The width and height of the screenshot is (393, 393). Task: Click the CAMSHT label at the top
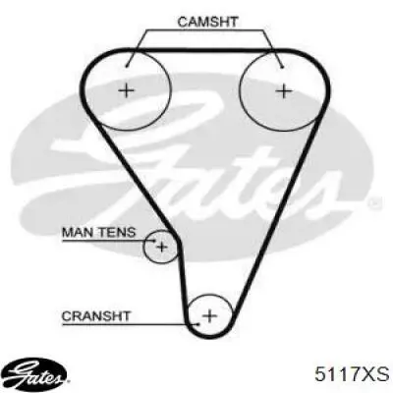(x=207, y=22)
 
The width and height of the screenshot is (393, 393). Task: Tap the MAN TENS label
(x=98, y=232)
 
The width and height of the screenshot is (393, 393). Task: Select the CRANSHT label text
(x=96, y=316)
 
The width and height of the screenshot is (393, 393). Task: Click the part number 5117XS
(x=352, y=373)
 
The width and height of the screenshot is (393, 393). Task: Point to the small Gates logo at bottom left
(x=36, y=373)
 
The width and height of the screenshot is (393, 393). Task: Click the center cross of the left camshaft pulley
(x=126, y=90)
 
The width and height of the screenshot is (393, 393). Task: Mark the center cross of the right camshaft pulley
(x=284, y=90)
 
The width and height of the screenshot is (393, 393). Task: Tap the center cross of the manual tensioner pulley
(x=162, y=247)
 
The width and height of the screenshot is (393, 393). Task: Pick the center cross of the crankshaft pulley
(x=209, y=315)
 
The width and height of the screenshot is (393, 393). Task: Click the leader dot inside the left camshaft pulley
(x=127, y=67)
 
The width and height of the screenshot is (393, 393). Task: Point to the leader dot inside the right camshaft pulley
(x=282, y=68)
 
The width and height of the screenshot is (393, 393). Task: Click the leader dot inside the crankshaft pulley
(x=198, y=324)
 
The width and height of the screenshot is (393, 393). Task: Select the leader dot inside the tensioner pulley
(x=154, y=241)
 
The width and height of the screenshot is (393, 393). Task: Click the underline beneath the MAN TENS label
(x=108, y=241)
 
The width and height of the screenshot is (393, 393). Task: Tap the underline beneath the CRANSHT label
(x=130, y=324)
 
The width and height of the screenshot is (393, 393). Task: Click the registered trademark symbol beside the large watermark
(x=375, y=203)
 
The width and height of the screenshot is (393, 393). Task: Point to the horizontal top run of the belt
(x=203, y=50)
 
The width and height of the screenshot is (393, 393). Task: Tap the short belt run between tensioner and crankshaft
(x=183, y=282)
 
